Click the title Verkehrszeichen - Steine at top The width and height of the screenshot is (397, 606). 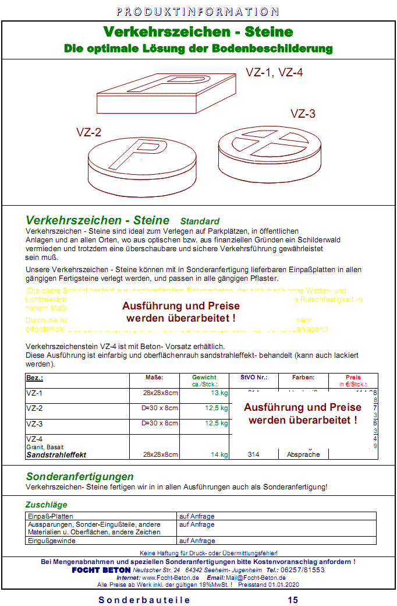pos(198,31)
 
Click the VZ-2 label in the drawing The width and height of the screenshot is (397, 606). pos(89,132)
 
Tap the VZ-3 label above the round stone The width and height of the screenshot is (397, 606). pos(303,114)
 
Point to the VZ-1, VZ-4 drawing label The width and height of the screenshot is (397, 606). pos(274,73)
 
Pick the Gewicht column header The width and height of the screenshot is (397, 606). pos(204,378)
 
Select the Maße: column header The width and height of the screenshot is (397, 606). pos(154,378)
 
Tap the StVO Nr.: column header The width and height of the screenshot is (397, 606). pos(253,378)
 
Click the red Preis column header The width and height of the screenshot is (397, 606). pos(353,378)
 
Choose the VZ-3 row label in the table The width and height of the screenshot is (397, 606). pos(34,424)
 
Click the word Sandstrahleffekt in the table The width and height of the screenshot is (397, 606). pos(56,455)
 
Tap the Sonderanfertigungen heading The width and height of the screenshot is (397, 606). pos(80,477)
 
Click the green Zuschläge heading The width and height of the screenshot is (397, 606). pos(46,505)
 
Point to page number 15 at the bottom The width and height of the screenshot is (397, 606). pos(293,600)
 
